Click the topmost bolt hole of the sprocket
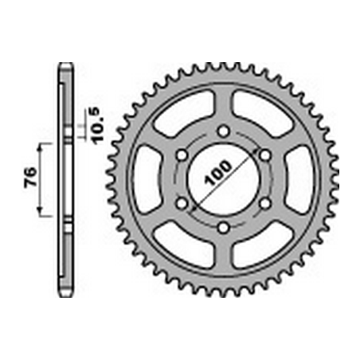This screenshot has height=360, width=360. tap(225, 131)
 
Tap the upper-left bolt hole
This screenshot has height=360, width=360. tap(182, 155)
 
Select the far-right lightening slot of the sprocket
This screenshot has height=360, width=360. tap(304, 180)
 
